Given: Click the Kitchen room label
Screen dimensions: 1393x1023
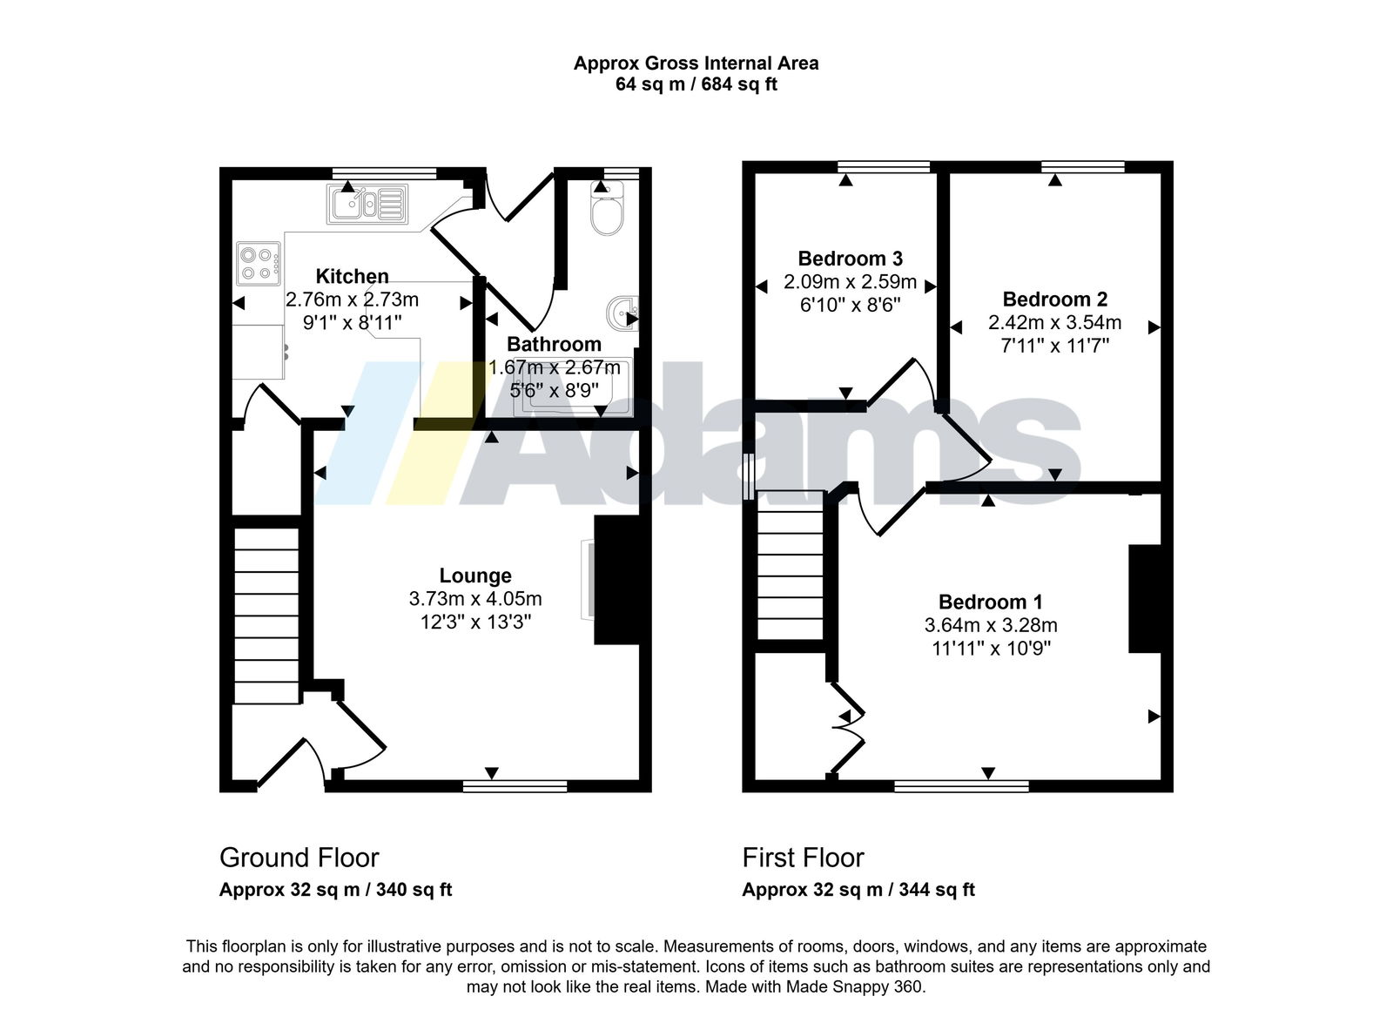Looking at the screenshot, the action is [x=352, y=276].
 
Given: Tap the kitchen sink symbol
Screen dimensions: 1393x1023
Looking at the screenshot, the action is [x=367, y=204].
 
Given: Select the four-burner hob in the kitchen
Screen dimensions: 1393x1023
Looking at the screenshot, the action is [x=258, y=264].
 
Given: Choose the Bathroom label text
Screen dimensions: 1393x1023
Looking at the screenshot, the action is [x=554, y=344].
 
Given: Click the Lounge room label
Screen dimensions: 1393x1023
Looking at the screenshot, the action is [x=475, y=575].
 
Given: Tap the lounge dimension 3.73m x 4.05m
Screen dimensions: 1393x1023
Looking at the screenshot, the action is [x=475, y=598].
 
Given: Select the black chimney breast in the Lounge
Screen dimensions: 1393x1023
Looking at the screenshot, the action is [x=617, y=580].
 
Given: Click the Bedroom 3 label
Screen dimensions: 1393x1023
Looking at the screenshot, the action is [x=850, y=258].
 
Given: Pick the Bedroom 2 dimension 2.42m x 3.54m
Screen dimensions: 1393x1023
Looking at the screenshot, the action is [x=1054, y=322].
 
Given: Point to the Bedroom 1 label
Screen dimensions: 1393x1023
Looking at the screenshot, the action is [x=991, y=602].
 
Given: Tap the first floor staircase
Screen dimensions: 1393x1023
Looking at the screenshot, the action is [x=791, y=565].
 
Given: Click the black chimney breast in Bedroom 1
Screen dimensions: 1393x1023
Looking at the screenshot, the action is [x=1145, y=599].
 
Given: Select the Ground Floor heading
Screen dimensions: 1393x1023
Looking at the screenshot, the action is [x=299, y=858].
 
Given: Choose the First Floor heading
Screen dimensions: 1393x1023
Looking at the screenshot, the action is [x=803, y=858].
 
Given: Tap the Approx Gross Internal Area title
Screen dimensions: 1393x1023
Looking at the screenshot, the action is [x=696, y=64].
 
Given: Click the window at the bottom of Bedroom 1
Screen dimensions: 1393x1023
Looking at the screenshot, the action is [x=961, y=786].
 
